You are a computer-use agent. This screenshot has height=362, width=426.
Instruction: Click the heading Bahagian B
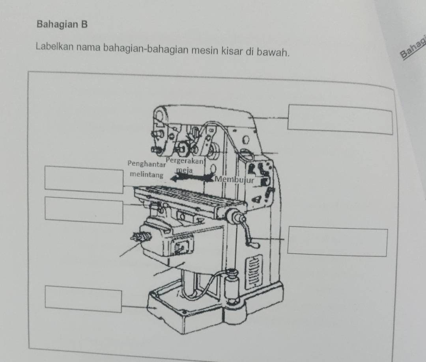point(62,24)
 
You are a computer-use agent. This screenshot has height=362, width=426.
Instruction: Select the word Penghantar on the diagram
point(146,163)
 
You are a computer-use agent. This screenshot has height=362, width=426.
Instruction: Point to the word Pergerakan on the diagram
point(185,161)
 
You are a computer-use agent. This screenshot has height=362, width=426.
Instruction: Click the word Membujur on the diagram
point(234,179)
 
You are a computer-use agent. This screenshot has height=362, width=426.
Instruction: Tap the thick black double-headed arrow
point(192,178)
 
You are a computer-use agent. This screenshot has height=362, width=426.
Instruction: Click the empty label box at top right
point(340,119)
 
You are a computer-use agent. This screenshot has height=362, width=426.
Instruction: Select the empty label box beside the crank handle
point(337,241)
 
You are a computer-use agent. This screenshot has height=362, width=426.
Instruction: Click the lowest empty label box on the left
point(83,299)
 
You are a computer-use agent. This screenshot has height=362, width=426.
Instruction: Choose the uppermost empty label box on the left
point(84,180)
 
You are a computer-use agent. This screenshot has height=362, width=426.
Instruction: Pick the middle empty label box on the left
point(84,210)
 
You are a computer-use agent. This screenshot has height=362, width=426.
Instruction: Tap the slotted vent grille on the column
point(254,271)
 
